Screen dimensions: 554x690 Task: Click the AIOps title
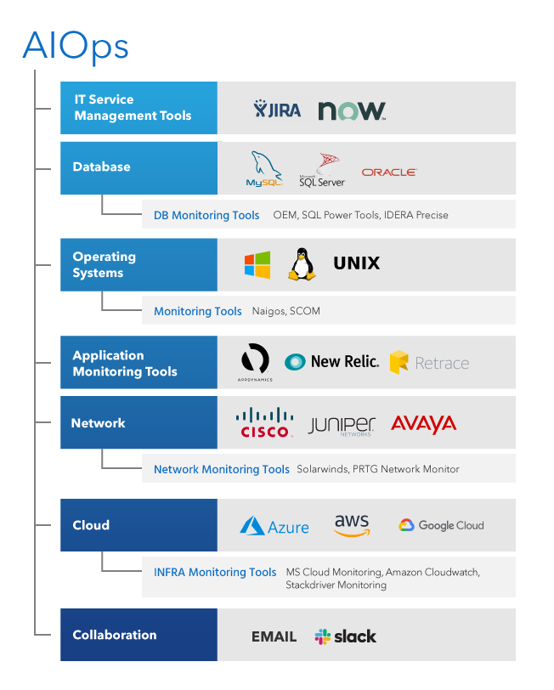[x=76, y=47]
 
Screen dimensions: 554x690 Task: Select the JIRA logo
[x=277, y=109]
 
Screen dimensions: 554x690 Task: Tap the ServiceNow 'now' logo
[x=352, y=110]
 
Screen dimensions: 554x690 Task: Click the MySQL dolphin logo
[x=264, y=169]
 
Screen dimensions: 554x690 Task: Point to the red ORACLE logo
[x=389, y=172]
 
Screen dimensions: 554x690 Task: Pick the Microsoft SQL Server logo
[x=322, y=170]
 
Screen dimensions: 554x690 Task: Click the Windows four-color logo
[x=257, y=265]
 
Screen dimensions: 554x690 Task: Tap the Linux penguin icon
[x=302, y=264]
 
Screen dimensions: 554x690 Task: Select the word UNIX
[x=356, y=263]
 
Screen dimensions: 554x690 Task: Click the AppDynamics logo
[x=255, y=362]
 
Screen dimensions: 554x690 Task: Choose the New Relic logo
[x=331, y=362]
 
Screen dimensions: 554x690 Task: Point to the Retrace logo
[x=429, y=363]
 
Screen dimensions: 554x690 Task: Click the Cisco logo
[x=264, y=422]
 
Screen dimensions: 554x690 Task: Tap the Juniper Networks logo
[x=342, y=426]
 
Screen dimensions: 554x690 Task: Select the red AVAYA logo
[x=424, y=424]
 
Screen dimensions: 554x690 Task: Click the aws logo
[x=352, y=525]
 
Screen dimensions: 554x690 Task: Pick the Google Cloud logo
[x=441, y=525]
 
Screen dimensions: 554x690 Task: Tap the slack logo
[x=346, y=636]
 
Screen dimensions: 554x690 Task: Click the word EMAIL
[x=274, y=636]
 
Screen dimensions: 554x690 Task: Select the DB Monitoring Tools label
[x=206, y=215]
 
